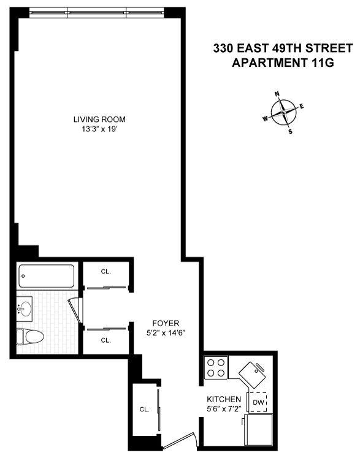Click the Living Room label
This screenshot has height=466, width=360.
tap(99, 119)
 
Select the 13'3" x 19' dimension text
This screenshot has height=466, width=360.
tap(99, 129)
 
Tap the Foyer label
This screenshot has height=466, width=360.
tap(166, 323)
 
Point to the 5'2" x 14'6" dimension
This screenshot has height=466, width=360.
tap(166, 332)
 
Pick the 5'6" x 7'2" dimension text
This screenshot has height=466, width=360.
tap(222, 408)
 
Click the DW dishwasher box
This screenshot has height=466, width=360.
tap(258, 402)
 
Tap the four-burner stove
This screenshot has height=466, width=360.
tap(215, 367)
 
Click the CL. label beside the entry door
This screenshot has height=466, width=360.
tap(145, 409)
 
